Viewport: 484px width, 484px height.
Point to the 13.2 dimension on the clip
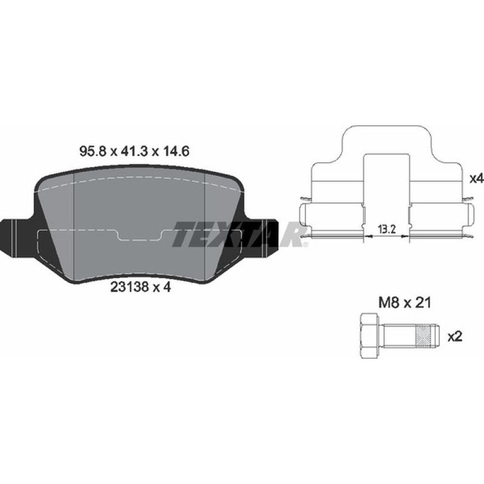coord(386,229)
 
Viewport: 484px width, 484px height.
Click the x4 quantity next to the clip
coord(476,179)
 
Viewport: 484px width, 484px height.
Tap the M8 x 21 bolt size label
coord(404,303)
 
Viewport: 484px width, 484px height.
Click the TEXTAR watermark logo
coord(240,234)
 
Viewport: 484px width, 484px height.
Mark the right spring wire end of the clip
coord(467,199)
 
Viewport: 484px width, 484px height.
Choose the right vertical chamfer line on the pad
coord(207,227)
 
